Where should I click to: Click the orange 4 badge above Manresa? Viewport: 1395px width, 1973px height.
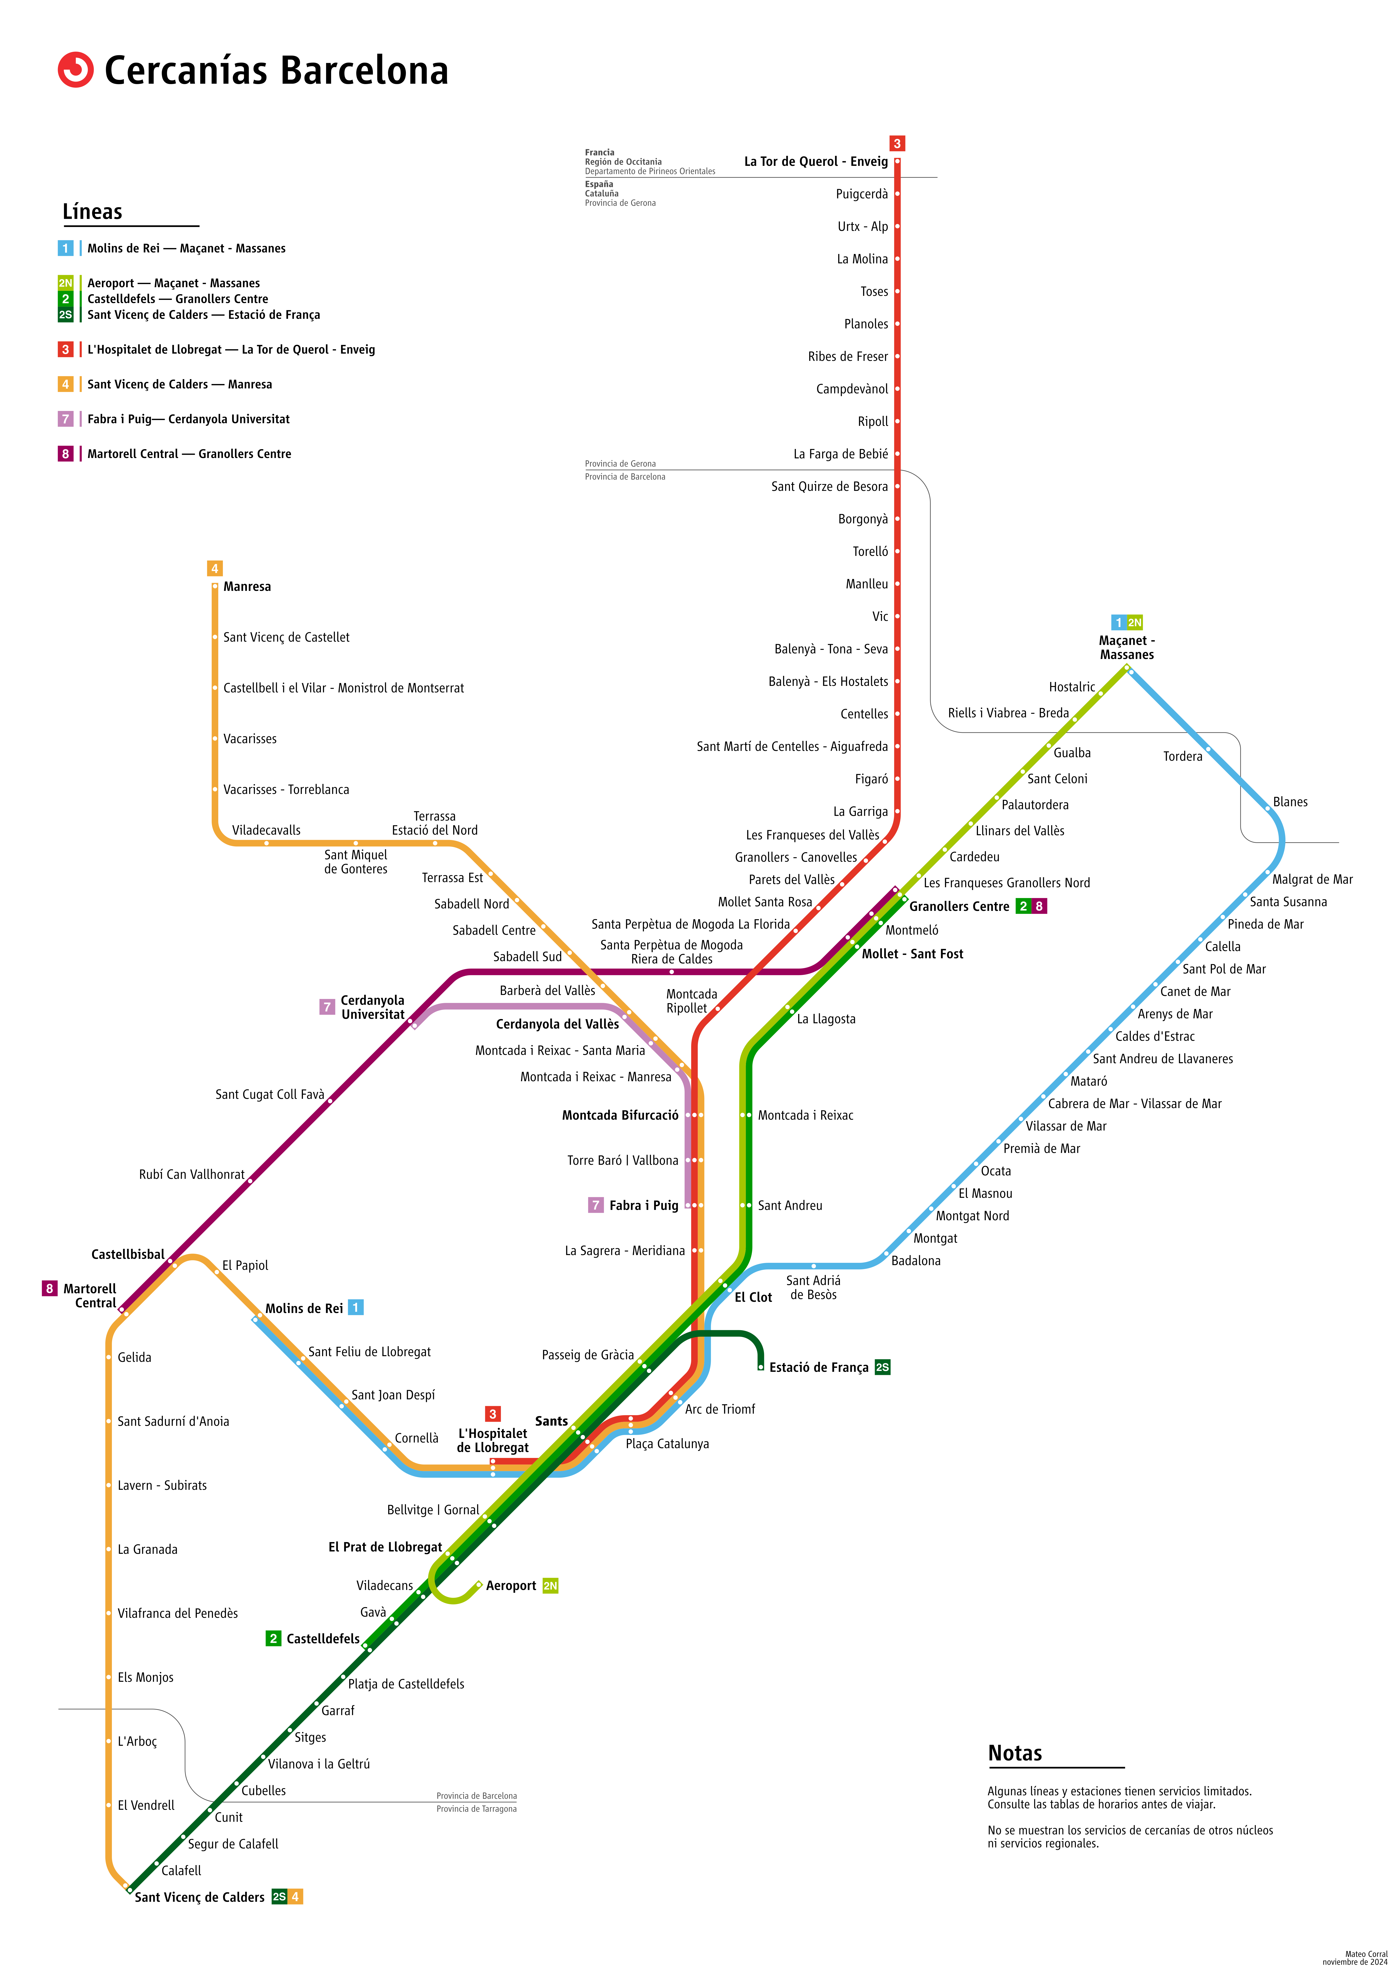tap(215, 568)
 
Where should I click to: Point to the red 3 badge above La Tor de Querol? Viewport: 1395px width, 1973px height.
tap(897, 144)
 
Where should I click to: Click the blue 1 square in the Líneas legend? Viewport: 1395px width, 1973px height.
tap(65, 248)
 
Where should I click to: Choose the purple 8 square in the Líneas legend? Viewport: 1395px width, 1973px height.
tap(65, 454)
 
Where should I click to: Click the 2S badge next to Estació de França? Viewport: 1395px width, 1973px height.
tap(882, 1367)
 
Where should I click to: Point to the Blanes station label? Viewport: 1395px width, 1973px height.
tap(1290, 802)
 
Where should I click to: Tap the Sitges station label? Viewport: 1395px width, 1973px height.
tap(310, 1738)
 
